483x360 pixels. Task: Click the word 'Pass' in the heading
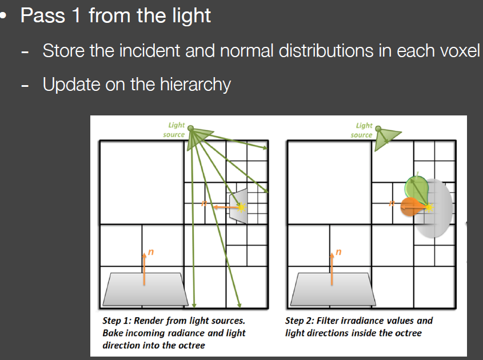point(43,15)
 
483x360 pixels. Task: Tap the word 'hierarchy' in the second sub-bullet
point(195,85)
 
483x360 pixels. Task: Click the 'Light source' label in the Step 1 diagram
point(174,130)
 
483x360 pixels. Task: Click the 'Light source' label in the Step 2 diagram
point(362,130)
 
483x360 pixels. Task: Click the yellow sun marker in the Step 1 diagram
point(241,207)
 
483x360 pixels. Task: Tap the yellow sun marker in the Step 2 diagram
point(429,207)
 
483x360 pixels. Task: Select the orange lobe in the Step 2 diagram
point(413,207)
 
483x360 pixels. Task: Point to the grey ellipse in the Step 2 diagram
point(437,209)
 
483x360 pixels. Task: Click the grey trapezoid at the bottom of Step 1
point(145,289)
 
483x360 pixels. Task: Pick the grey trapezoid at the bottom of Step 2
point(333,289)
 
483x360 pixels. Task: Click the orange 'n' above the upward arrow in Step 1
point(151,252)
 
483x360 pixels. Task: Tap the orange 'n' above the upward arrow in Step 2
point(338,252)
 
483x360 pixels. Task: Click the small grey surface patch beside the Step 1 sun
point(238,206)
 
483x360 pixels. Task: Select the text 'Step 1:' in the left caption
point(117,321)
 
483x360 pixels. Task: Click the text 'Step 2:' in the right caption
point(300,321)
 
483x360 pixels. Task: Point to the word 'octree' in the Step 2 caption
point(408,333)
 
